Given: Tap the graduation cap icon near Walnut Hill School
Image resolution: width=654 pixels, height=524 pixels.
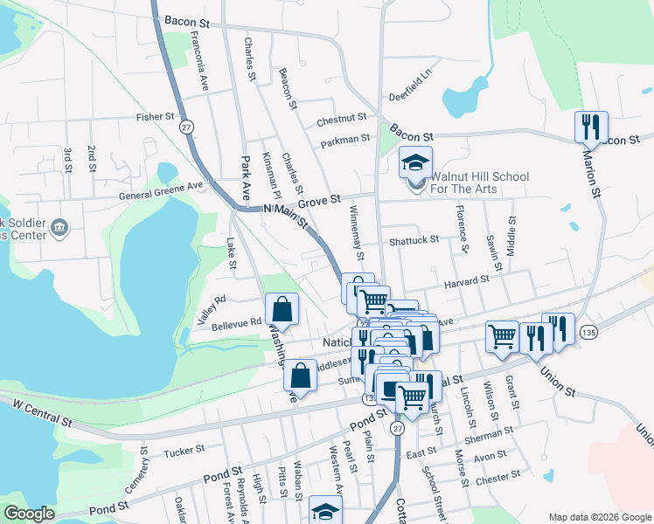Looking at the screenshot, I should [416, 162].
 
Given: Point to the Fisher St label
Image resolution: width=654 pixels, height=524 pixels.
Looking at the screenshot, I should [156, 116].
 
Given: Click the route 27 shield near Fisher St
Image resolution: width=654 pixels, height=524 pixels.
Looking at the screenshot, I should [186, 128].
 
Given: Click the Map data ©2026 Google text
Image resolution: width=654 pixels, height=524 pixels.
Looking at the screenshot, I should [599, 517].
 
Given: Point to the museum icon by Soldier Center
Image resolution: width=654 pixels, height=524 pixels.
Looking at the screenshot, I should [59, 229].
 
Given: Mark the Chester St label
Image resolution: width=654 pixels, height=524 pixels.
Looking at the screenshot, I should [497, 476].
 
